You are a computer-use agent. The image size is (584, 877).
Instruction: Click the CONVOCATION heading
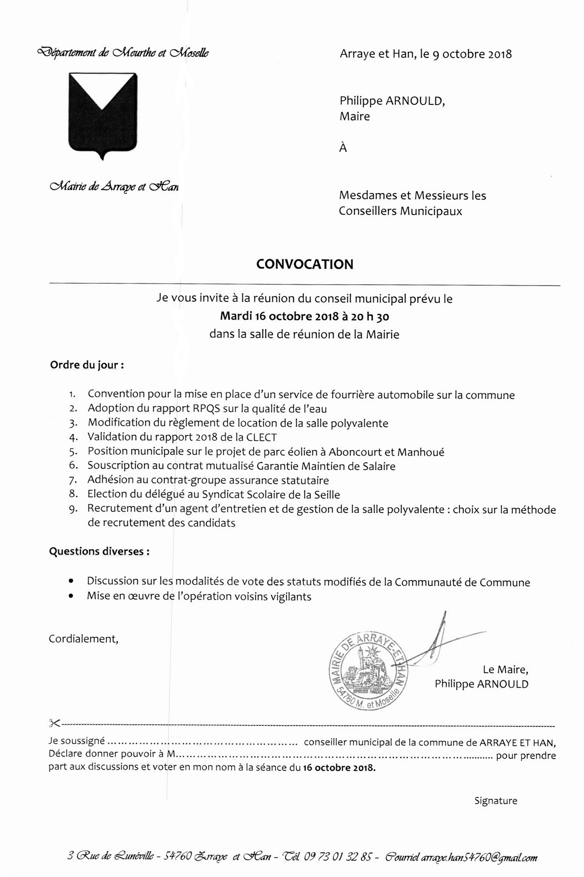pyautogui.click(x=305, y=264)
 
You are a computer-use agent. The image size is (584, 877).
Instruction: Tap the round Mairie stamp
pyautogui.click(x=369, y=672)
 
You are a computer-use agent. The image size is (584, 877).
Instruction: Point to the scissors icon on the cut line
pyautogui.click(x=54, y=723)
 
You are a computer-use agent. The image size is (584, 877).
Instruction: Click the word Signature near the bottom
pyautogui.click(x=496, y=801)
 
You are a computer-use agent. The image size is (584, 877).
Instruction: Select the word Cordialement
pyautogui.click(x=83, y=639)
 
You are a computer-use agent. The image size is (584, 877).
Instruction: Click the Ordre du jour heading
pyautogui.click(x=87, y=365)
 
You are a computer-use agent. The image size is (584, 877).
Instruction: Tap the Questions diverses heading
pyautogui.click(x=99, y=551)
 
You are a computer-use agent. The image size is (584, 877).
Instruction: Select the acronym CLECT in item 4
pyautogui.click(x=261, y=437)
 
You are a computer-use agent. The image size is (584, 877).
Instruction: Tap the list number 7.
pyautogui.click(x=73, y=481)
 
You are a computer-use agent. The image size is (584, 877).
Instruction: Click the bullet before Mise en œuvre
pyautogui.click(x=70, y=596)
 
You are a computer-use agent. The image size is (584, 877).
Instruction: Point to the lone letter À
pyautogui.click(x=343, y=148)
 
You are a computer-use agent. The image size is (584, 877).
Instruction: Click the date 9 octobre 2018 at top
pyautogui.click(x=472, y=54)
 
